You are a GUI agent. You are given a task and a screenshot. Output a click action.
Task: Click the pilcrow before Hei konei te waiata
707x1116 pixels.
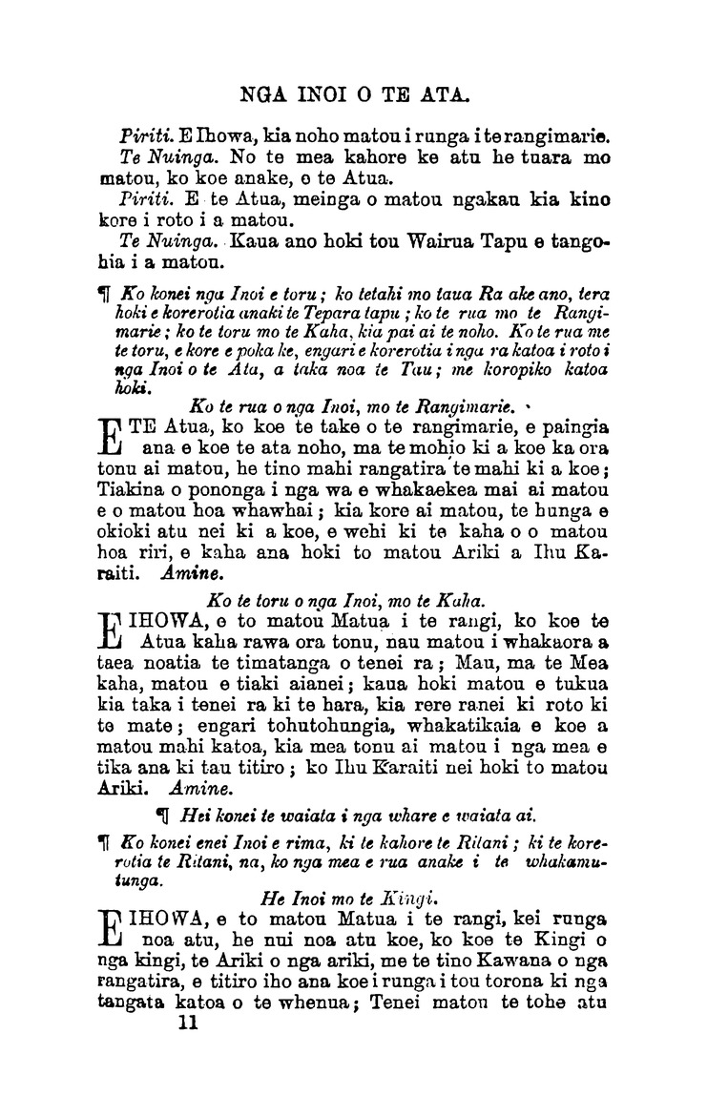pyautogui.click(x=161, y=816)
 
